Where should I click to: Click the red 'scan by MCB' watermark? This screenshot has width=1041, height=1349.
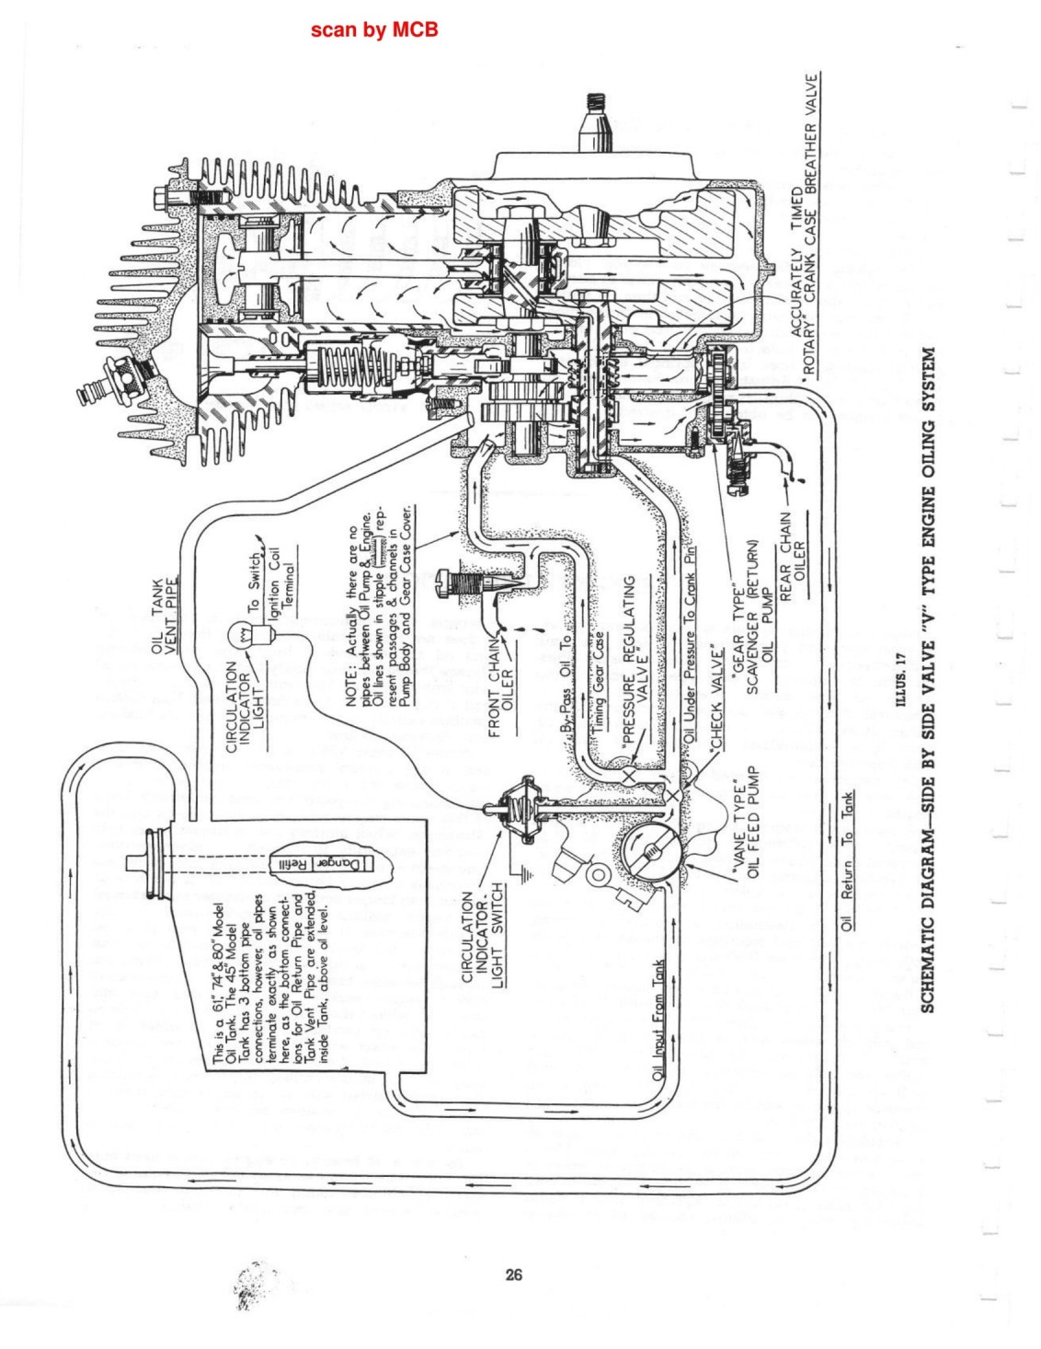(374, 29)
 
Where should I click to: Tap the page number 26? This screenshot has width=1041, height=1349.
(514, 1274)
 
